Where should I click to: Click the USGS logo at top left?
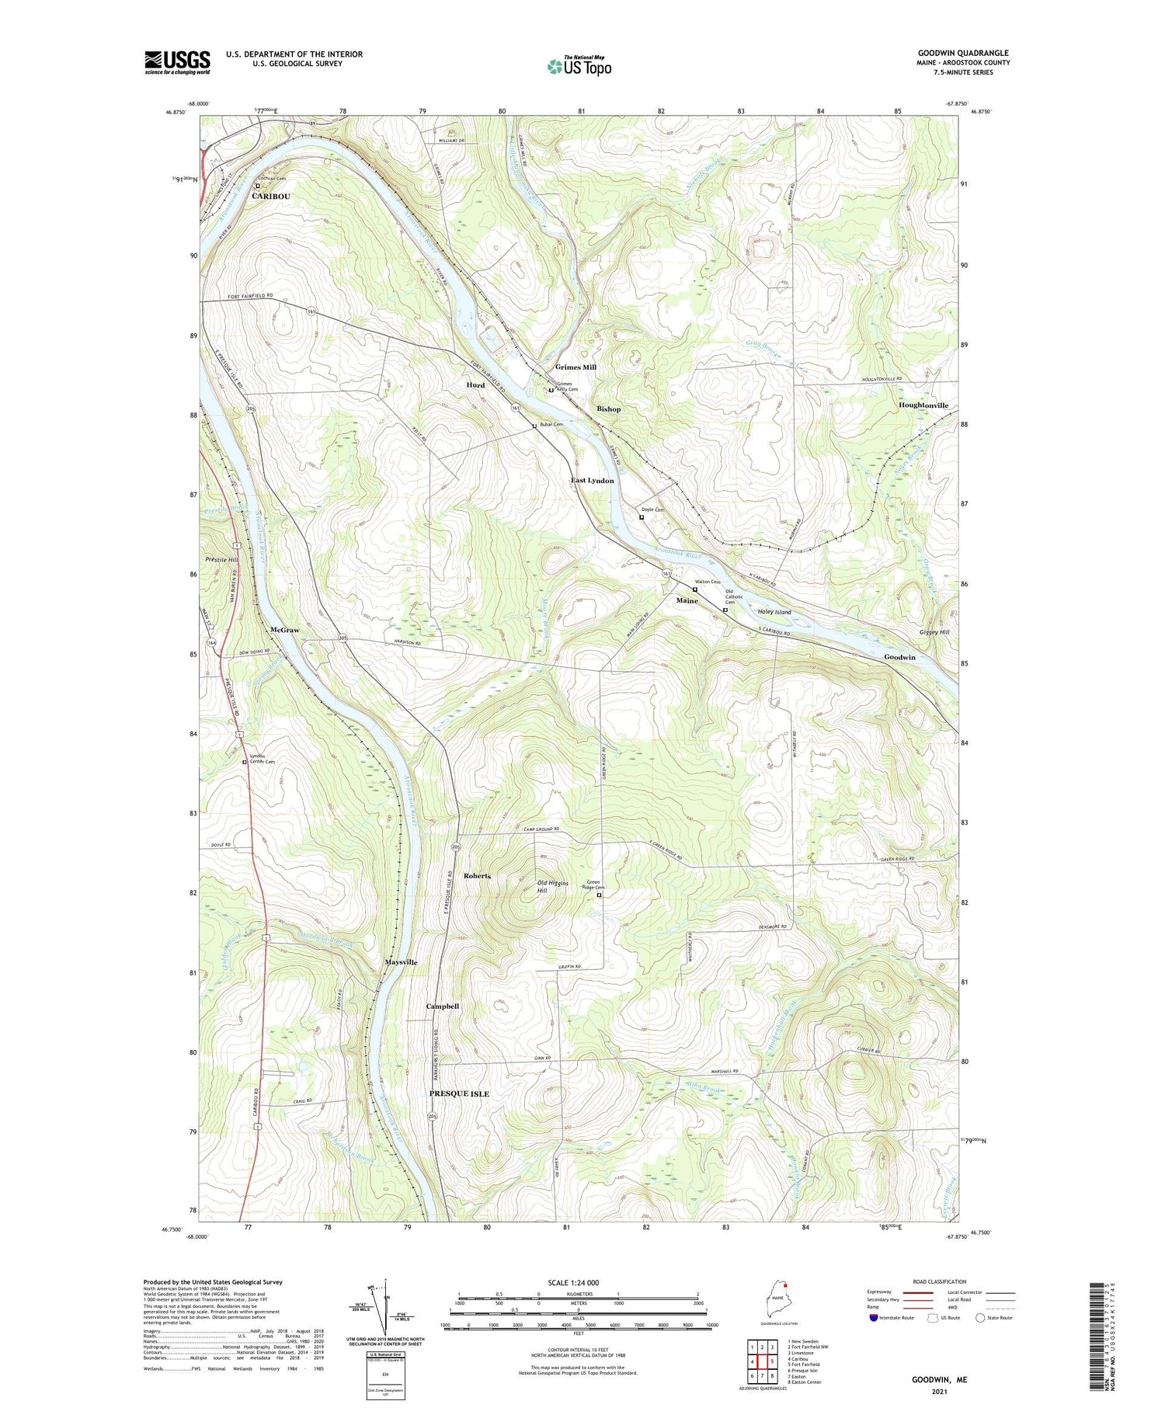click(x=177, y=62)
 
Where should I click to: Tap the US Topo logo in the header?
click(x=579, y=66)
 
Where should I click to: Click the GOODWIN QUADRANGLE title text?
click(x=962, y=53)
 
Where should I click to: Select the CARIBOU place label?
click(x=271, y=196)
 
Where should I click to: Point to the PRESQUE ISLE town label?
click(x=459, y=1093)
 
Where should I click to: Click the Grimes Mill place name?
click(x=576, y=367)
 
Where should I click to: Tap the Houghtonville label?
click(x=923, y=405)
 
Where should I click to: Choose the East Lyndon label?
click(x=592, y=481)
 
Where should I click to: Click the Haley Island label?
click(x=774, y=612)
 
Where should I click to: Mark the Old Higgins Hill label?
click(x=553, y=887)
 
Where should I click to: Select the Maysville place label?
click(x=401, y=962)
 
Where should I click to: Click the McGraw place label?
click(x=285, y=630)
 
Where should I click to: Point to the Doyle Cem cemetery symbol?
click(x=642, y=517)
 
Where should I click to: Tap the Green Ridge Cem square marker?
click(x=599, y=895)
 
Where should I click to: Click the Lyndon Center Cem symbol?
click(x=244, y=763)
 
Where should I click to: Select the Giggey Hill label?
click(x=934, y=632)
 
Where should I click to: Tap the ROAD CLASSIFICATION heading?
click(x=939, y=1281)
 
